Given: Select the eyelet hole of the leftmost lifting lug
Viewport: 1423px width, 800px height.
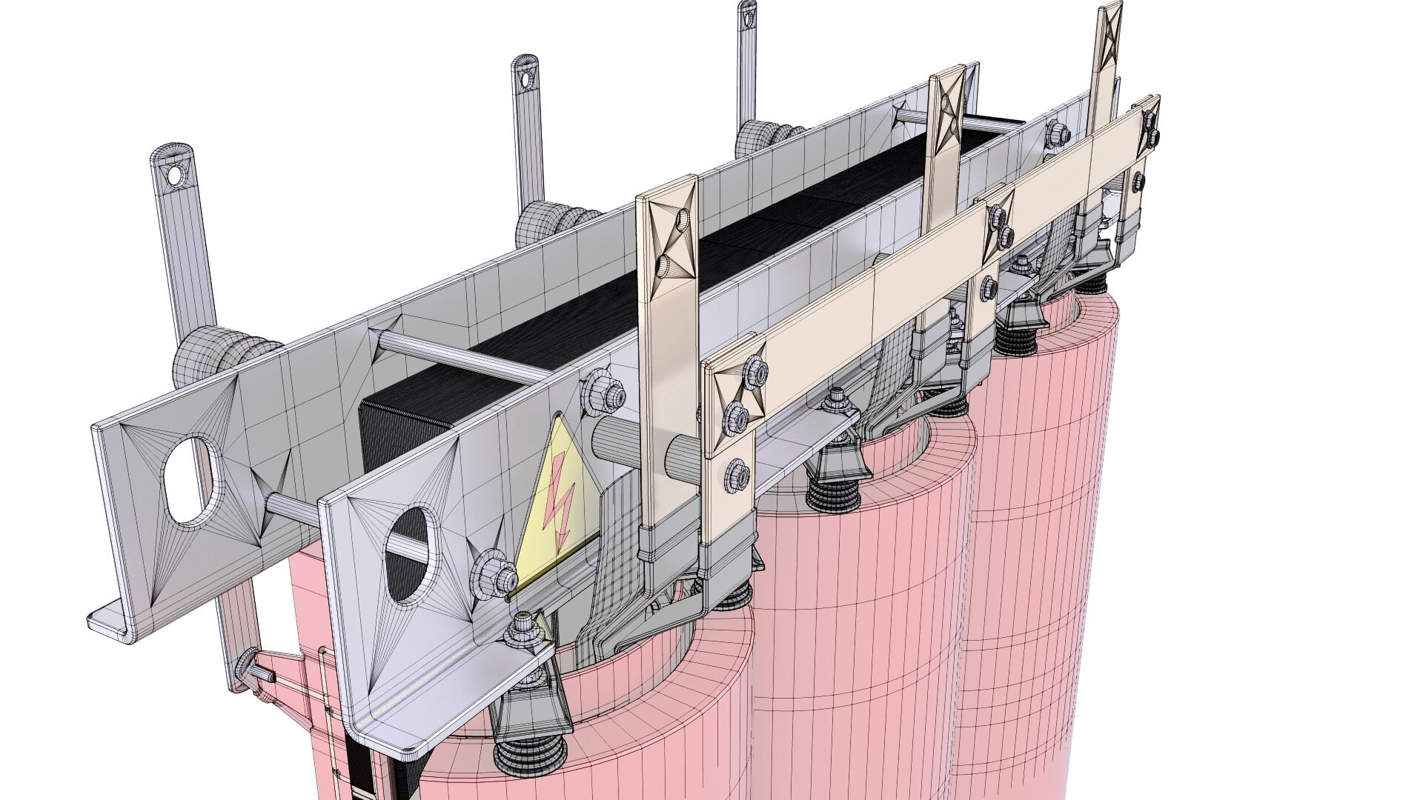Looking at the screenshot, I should (x=175, y=176).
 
